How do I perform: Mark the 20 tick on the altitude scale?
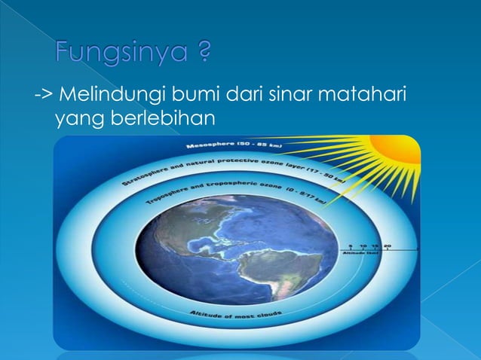point(387,245)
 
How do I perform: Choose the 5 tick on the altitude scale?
point(351,245)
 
